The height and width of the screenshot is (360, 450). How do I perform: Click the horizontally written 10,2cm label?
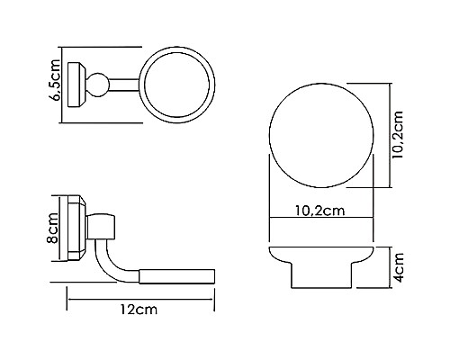coord(323,211)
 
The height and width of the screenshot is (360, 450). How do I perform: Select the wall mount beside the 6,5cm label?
coord(78,85)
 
